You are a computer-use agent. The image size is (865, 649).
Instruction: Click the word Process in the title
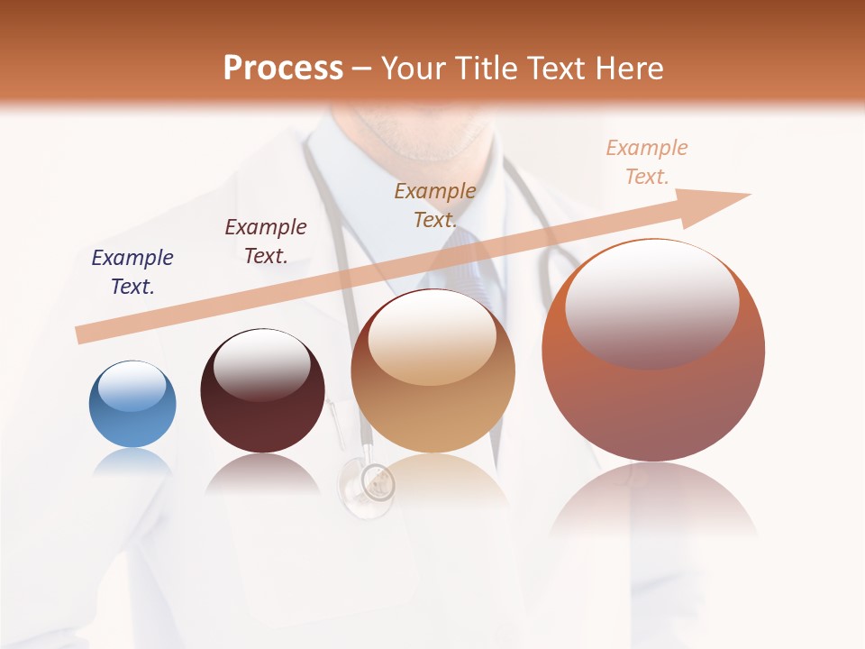283,69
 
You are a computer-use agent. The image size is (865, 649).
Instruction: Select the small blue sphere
132,404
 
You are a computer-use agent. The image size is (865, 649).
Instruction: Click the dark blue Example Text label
132,272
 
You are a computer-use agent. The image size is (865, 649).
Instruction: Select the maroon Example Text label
266,242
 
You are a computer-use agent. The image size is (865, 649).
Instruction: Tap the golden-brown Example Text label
435,205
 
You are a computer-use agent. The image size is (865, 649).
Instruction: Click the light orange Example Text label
647,162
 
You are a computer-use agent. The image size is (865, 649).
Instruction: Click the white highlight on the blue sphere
132,386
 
